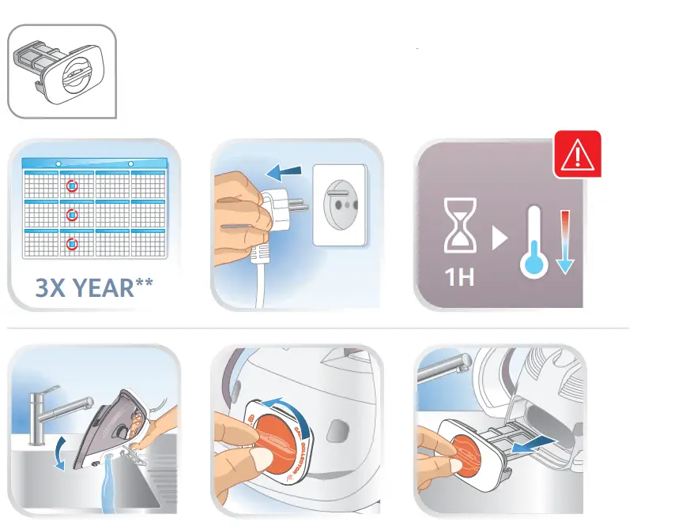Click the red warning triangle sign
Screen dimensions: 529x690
(x=577, y=155)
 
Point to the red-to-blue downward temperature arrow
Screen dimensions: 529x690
(x=564, y=242)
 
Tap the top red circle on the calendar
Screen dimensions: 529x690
(x=72, y=186)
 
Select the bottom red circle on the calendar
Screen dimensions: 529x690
(x=72, y=244)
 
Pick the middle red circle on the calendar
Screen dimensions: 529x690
(x=72, y=215)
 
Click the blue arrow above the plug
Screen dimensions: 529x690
(x=284, y=171)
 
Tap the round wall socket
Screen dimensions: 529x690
(x=341, y=193)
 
